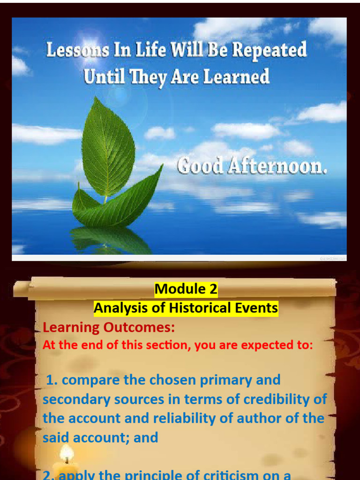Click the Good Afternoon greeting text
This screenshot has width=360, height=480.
pos(252,166)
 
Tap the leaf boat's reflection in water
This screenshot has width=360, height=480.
pos(110,239)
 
